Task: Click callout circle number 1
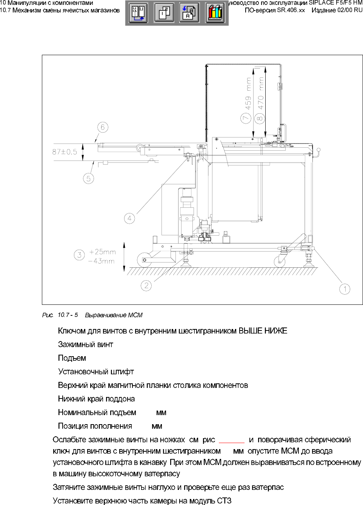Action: click(345, 289)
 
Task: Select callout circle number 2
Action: click(146, 286)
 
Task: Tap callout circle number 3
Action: click(79, 255)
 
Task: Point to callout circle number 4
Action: click(129, 218)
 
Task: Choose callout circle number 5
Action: click(89, 178)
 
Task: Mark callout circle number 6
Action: click(103, 127)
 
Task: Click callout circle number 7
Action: click(246, 118)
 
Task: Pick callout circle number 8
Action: click(259, 118)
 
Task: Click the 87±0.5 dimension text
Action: click(65, 152)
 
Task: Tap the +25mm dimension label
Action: click(102, 252)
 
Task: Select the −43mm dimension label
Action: click(101, 261)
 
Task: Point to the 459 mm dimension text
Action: click(248, 94)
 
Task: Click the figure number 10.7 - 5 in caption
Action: click(68, 315)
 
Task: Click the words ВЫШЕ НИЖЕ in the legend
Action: click(263, 331)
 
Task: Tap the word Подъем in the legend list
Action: click(72, 358)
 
